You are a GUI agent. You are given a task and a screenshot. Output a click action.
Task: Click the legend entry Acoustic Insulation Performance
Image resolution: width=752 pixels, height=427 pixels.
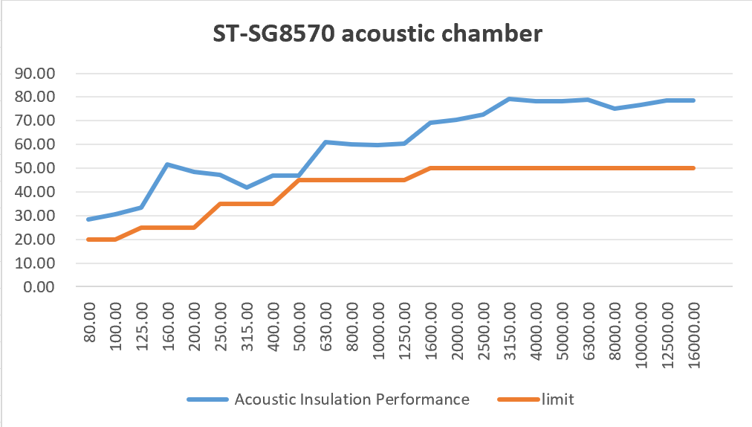pyautogui.click(x=351, y=399)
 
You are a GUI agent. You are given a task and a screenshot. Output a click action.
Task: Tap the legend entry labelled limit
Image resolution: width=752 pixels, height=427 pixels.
pyautogui.click(x=557, y=399)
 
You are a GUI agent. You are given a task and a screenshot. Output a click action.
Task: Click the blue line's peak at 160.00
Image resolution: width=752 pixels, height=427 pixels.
pyautogui.click(x=168, y=164)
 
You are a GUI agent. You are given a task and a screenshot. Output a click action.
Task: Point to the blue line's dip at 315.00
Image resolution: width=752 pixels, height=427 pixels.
pyautogui.click(x=247, y=187)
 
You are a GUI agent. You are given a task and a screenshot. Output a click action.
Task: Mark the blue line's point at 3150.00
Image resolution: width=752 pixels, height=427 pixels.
pyautogui.click(x=510, y=99)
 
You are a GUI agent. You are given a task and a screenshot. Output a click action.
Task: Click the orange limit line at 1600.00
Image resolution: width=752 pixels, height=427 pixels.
pyautogui.click(x=431, y=168)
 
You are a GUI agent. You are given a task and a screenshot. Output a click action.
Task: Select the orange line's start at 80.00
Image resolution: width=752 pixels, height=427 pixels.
pyautogui.click(x=89, y=240)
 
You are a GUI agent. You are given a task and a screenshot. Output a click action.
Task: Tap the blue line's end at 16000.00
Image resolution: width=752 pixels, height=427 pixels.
pyautogui.click(x=693, y=100)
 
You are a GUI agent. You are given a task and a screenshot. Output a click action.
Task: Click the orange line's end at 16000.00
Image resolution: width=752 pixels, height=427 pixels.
pyautogui.click(x=693, y=168)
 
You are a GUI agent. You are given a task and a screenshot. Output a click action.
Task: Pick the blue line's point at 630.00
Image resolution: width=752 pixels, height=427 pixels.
pyautogui.click(x=326, y=142)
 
